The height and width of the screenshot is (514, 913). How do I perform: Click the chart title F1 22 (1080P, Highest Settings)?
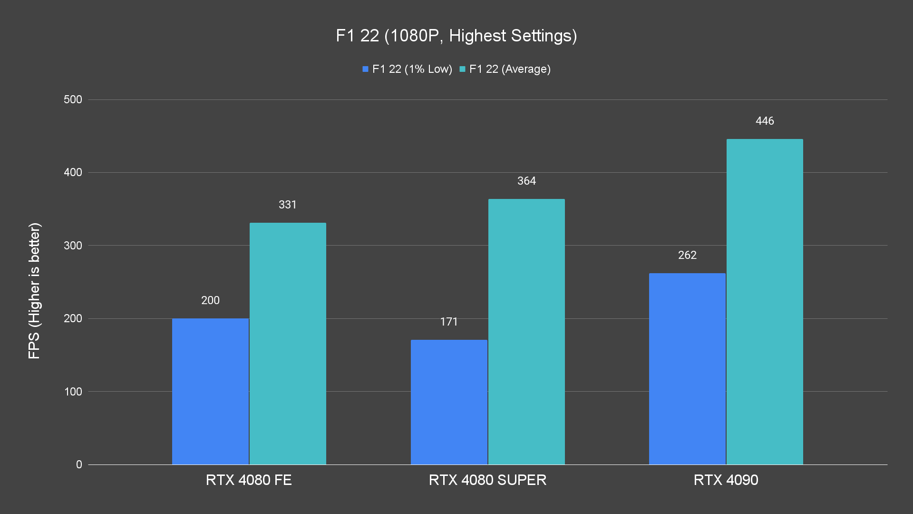(x=456, y=36)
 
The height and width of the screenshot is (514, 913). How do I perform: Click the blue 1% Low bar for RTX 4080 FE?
(x=210, y=391)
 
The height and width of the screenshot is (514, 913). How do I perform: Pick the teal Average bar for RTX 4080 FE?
(x=288, y=344)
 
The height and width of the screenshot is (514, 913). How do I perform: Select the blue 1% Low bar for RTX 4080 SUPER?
(x=449, y=402)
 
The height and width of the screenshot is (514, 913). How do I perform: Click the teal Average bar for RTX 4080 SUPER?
(x=526, y=332)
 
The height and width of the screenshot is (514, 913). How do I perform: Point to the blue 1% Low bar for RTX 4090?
(x=687, y=369)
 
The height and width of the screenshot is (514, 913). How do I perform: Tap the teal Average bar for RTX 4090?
(x=765, y=302)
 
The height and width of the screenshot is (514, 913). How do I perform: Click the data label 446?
(x=765, y=121)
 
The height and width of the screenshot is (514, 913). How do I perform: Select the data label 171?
(x=449, y=322)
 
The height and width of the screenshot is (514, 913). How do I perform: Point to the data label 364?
(x=526, y=181)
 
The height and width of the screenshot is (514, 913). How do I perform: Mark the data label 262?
(x=687, y=255)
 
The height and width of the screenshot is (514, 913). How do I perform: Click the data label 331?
(x=288, y=205)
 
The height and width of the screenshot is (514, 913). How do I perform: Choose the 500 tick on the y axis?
(x=73, y=99)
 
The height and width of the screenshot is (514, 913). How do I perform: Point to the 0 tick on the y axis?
(x=79, y=465)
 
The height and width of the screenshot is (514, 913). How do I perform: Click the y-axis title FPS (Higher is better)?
(x=34, y=290)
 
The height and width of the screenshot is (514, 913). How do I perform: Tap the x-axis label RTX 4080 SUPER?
(x=487, y=480)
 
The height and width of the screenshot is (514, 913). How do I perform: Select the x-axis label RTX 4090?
(x=726, y=480)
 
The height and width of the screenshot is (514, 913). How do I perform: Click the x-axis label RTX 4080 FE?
(x=249, y=480)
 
